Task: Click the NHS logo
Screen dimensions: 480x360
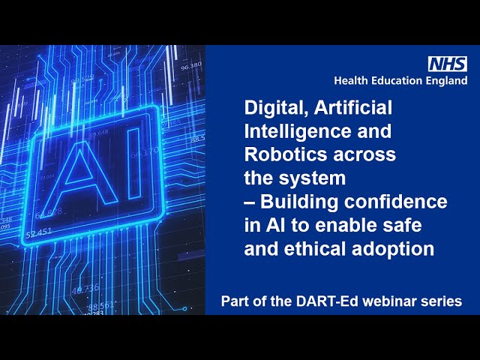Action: click(x=448, y=64)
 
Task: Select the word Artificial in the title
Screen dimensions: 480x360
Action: click(x=353, y=107)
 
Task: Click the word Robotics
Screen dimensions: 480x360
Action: click(x=286, y=154)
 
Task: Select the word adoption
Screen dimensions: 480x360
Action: click(x=393, y=250)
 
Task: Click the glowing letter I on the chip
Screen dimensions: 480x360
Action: click(x=134, y=163)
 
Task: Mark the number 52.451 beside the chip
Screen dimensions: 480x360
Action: click(x=39, y=233)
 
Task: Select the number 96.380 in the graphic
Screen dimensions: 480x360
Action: click(x=191, y=66)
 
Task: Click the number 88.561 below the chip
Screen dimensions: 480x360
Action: click(x=101, y=305)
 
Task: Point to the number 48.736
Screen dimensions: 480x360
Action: click(x=85, y=289)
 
